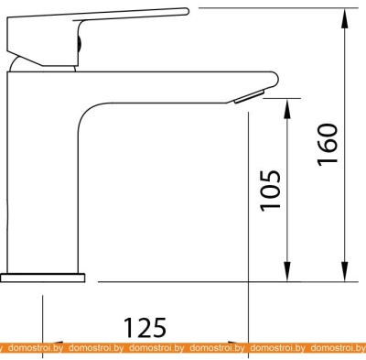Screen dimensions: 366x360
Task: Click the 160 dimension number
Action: (328, 145)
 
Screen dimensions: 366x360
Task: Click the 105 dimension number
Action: (270, 190)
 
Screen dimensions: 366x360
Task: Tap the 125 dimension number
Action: (145, 327)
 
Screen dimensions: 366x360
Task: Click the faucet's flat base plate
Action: (43, 278)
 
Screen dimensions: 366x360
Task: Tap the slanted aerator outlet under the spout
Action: (249, 97)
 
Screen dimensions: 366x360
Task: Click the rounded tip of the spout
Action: (274, 79)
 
